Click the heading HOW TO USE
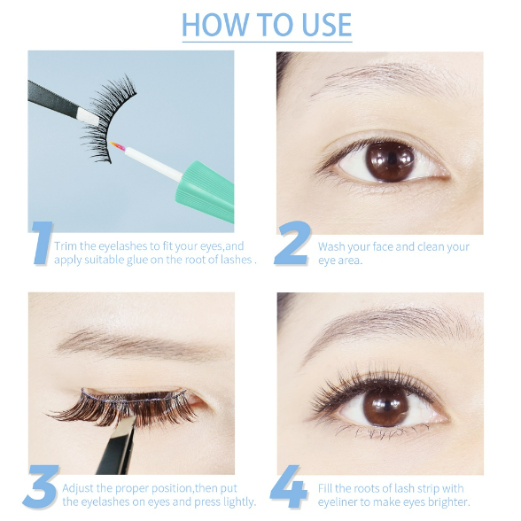click(x=267, y=25)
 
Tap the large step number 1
click(x=43, y=243)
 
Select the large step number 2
click(x=292, y=243)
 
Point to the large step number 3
click(x=41, y=486)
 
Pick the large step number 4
click(x=289, y=486)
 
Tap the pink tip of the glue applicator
click(x=118, y=146)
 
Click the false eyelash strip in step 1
click(x=107, y=117)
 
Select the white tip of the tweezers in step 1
click(x=89, y=117)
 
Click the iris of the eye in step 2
click(x=390, y=162)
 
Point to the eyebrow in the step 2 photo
click(x=395, y=79)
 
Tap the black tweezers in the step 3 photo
click(x=118, y=445)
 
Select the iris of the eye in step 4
click(x=386, y=406)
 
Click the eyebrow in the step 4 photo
click(x=392, y=326)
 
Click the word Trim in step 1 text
click(x=66, y=246)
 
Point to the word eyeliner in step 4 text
click(x=338, y=502)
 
